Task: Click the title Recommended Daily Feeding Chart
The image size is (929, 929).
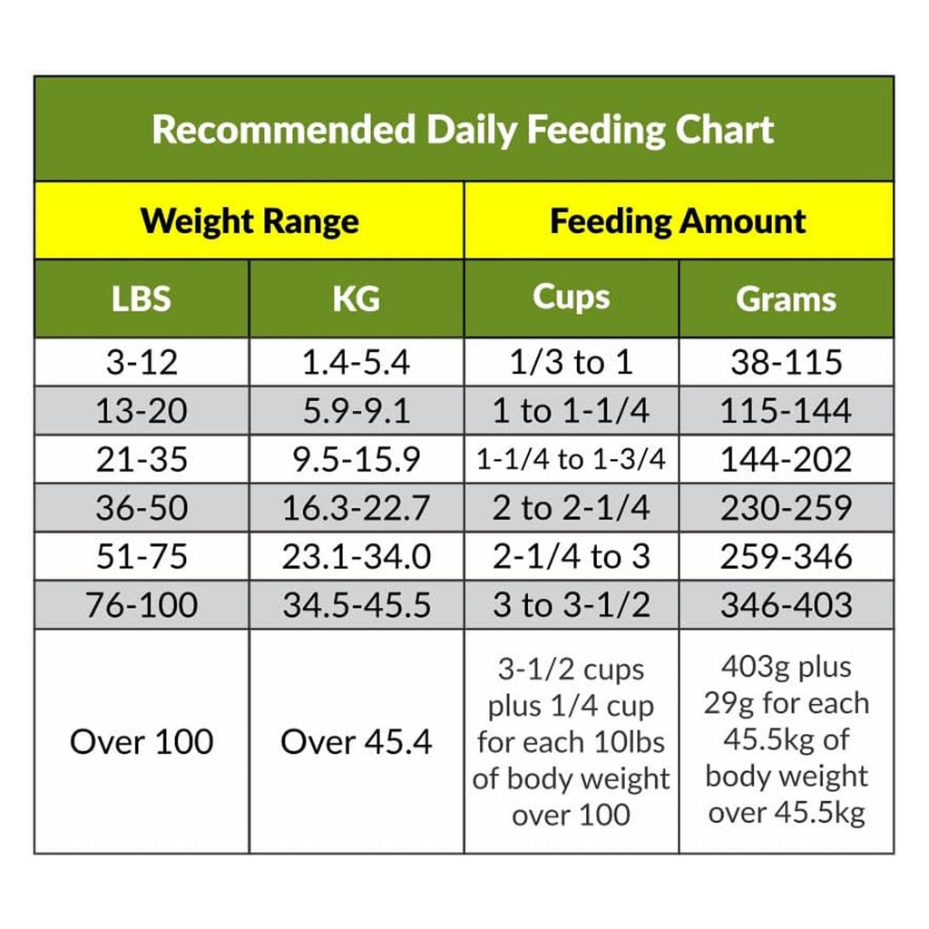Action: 463,130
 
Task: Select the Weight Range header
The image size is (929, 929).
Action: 249,221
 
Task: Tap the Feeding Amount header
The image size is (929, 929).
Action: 678,221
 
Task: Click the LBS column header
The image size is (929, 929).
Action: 142,298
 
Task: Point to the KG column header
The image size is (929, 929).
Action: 356,298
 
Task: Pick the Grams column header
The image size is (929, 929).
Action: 786,298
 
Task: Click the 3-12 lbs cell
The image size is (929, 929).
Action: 142,363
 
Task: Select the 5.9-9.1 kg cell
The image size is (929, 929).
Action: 356,412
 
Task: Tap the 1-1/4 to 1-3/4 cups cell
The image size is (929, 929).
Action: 571,460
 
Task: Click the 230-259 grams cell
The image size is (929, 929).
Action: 786,508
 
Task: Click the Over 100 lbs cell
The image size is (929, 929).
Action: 142,742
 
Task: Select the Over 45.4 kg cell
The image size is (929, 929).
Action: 356,742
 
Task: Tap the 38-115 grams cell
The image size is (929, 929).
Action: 786,363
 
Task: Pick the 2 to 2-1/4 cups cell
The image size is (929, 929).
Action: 571,508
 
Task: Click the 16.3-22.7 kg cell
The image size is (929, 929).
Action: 356,508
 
